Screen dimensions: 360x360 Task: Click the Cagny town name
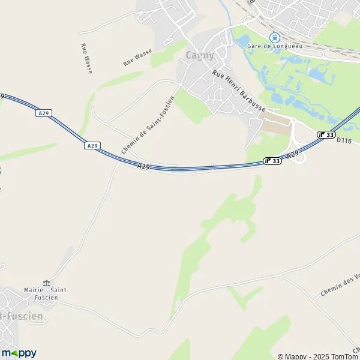(x=200, y=56)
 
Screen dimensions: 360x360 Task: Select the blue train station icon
(x=275, y=37)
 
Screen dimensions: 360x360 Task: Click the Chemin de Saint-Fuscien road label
(x=148, y=125)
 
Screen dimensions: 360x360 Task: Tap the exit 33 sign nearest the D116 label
(x=326, y=134)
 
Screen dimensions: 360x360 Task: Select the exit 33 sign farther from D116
(x=272, y=161)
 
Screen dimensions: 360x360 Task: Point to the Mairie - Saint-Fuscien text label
(x=46, y=294)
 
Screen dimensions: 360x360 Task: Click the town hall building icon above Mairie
(x=46, y=283)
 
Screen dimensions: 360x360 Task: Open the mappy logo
(x=19, y=353)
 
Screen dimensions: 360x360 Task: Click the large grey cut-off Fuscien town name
(x=22, y=316)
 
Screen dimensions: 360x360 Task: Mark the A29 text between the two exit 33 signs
(x=292, y=155)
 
